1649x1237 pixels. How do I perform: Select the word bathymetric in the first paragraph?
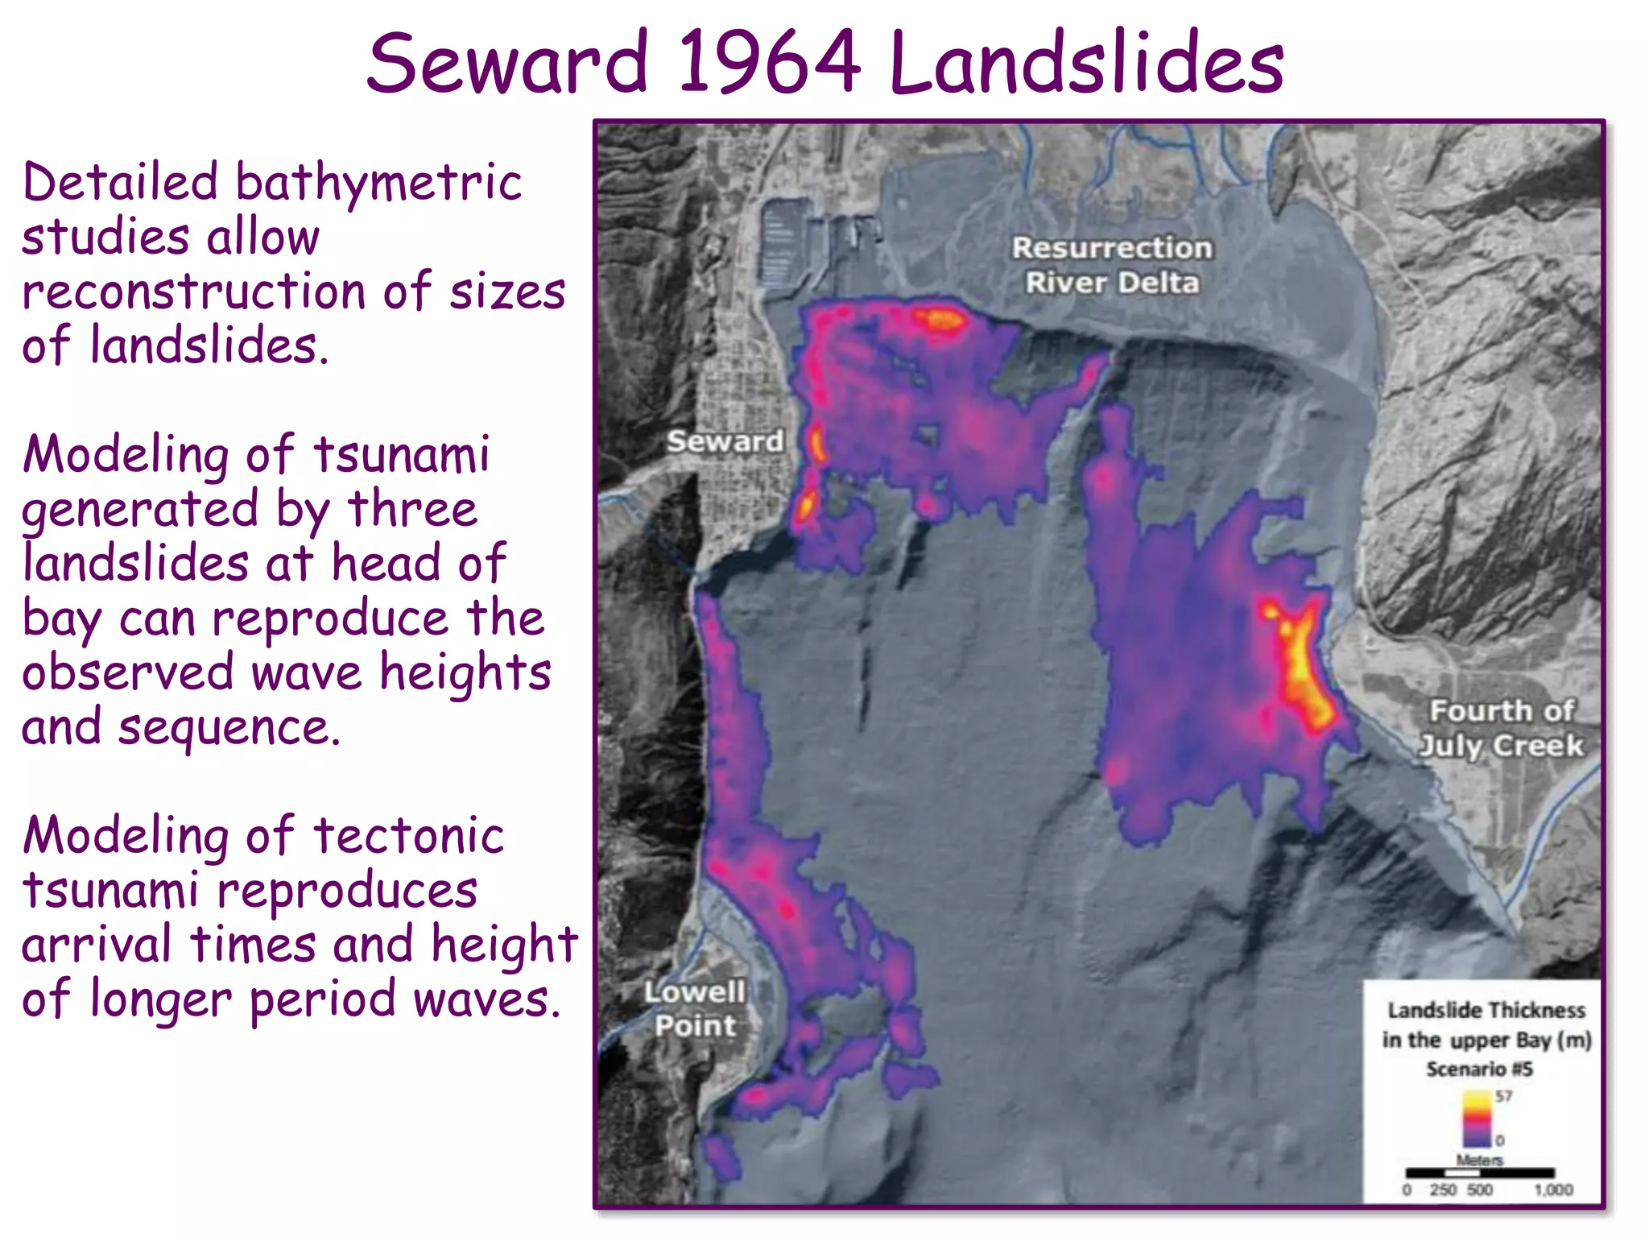pos(378,184)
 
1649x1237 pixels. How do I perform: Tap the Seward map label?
pos(725,441)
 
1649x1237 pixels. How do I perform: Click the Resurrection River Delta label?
pos(1112,265)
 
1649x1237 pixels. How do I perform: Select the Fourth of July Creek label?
pos(1501,728)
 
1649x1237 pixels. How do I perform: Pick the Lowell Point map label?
pos(694,1009)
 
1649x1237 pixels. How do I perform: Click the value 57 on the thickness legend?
pos(1503,1096)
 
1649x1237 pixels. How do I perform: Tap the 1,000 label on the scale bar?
pos(1552,1189)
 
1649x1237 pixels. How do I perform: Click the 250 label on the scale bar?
pos(1442,1189)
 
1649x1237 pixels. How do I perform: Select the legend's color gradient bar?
pos(1477,1119)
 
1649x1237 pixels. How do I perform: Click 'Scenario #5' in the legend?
pos(1479,1069)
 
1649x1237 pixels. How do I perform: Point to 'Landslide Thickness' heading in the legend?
pos(1486,1010)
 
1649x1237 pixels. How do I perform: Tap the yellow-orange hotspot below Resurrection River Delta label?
pos(939,320)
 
